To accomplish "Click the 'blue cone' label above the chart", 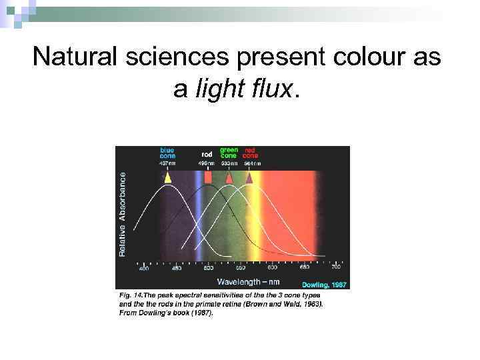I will (167, 153).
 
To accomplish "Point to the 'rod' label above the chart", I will (207, 155).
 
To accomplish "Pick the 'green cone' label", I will (229, 153).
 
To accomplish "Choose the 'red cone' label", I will (251, 153).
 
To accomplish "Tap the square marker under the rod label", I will (207, 178).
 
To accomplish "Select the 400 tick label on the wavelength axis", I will (144, 269).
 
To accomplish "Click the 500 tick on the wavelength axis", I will (209, 269).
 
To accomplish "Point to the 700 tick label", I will (336, 268).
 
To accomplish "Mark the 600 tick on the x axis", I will (272, 269).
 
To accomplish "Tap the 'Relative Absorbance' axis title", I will (122, 213).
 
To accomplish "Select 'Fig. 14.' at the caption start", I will (131, 295).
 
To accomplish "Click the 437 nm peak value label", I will (167, 163).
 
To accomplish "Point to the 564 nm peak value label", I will (253, 163).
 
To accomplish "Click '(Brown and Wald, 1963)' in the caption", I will (290, 303).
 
